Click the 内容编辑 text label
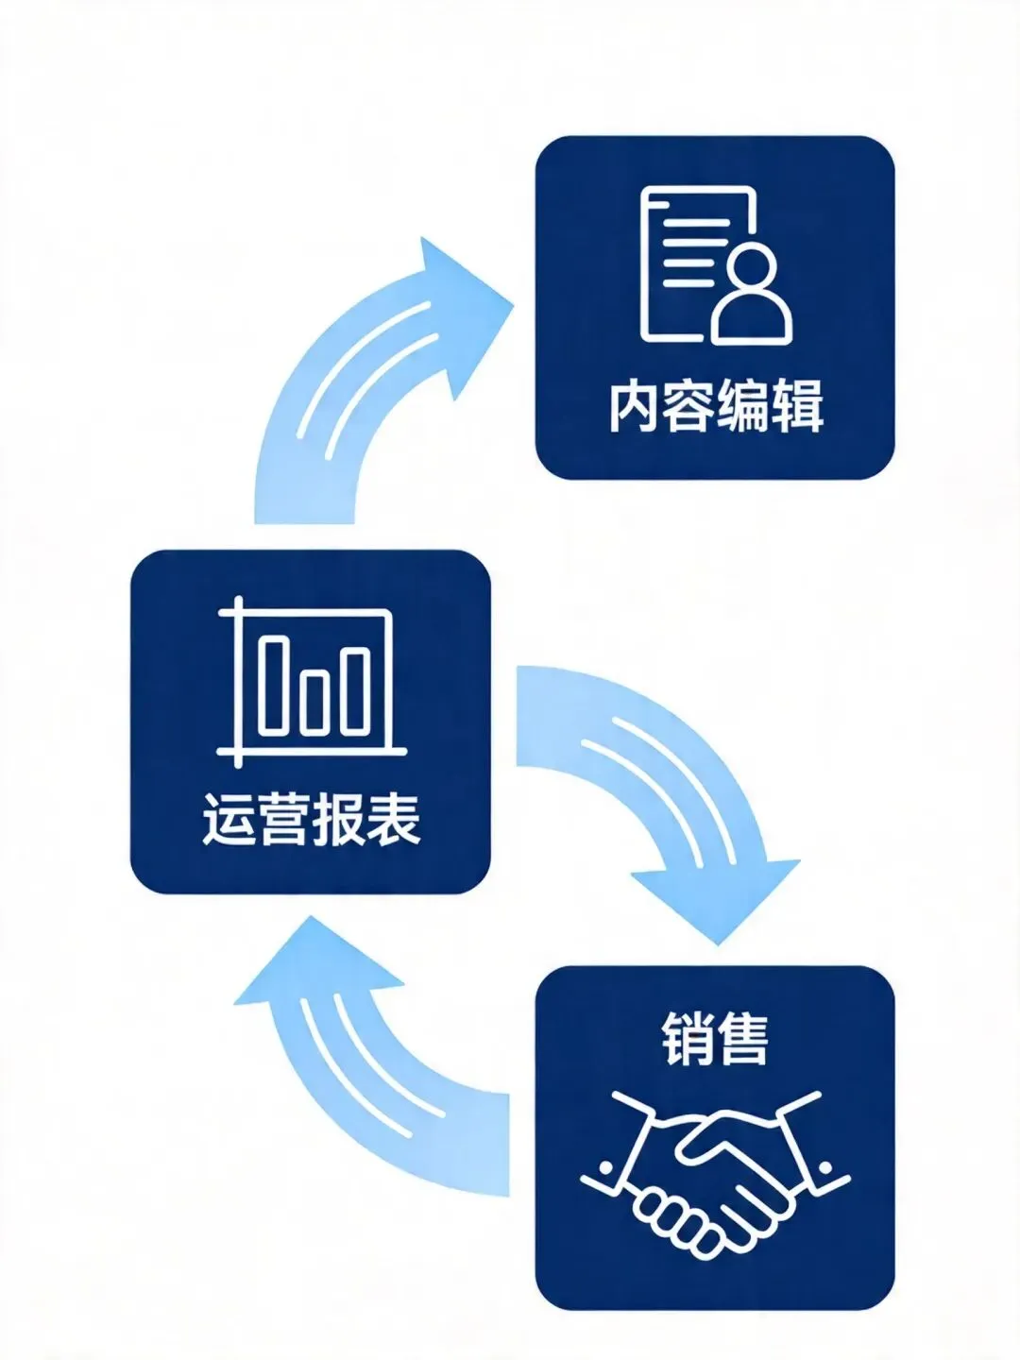[x=715, y=407]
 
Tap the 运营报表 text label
[x=311, y=819]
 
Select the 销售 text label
[x=715, y=1039]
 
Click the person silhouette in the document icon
[x=752, y=296]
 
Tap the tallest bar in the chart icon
[x=275, y=686]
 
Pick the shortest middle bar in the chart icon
[x=315, y=701]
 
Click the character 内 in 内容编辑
[x=634, y=407]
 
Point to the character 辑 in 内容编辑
[x=797, y=407]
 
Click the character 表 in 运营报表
[x=393, y=819]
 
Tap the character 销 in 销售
[x=688, y=1039]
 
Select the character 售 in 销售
[x=742, y=1039]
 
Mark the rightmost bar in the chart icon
[x=355, y=691]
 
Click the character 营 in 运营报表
[x=283, y=819]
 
